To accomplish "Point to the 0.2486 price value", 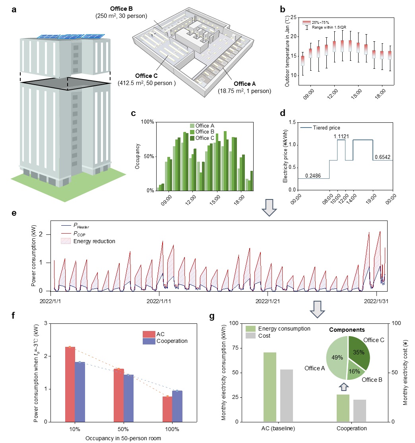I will [x=314, y=175].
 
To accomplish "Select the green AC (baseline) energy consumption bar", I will [x=270, y=387].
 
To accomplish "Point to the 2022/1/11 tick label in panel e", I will [x=159, y=302].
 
